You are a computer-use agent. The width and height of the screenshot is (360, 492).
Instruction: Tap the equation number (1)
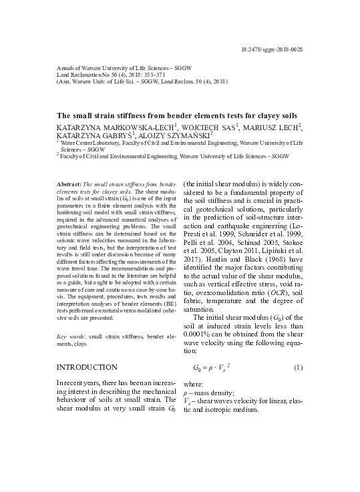(298, 367)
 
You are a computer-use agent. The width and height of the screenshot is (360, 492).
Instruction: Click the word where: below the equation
(194, 385)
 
